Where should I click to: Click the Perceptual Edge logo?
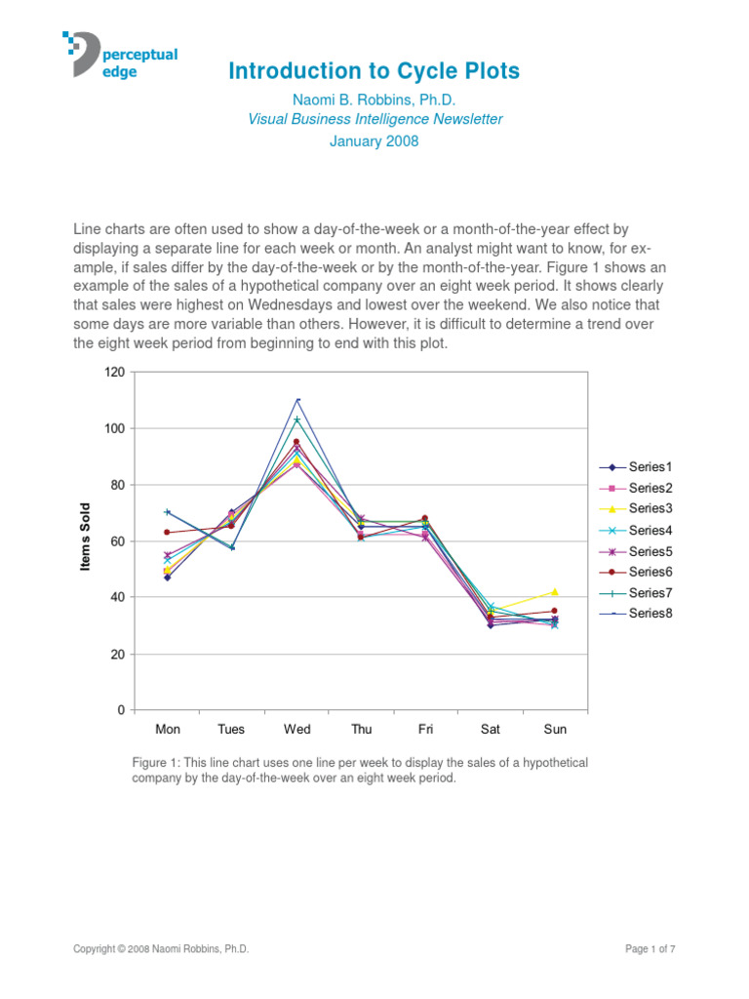(x=120, y=56)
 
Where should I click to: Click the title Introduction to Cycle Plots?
(x=374, y=71)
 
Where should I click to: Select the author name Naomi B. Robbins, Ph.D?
(x=374, y=100)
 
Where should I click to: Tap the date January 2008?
(x=374, y=141)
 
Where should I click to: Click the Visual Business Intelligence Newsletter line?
(x=374, y=119)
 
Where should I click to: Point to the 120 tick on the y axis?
(x=114, y=372)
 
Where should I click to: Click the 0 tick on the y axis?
(x=122, y=710)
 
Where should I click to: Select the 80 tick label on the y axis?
(x=117, y=485)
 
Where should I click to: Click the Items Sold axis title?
(x=86, y=537)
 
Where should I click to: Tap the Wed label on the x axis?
(x=297, y=730)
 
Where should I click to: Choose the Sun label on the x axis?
(x=555, y=730)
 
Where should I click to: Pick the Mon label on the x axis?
(x=168, y=730)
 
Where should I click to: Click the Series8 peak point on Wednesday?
(x=297, y=400)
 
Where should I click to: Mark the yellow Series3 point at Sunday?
(x=555, y=592)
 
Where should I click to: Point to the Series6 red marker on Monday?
(x=168, y=533)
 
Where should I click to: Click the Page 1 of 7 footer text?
(x=650, y=948)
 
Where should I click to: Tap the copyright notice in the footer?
(x=161, y=948)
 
